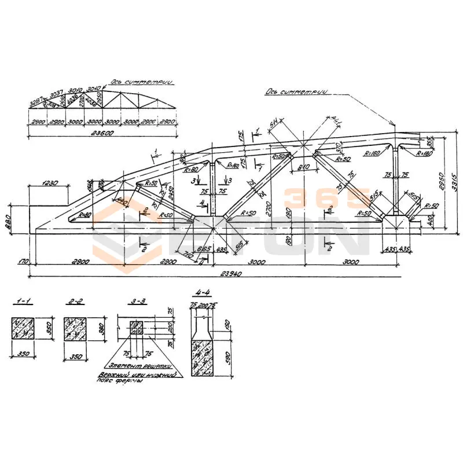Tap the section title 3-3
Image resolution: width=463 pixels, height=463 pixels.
point(137,303)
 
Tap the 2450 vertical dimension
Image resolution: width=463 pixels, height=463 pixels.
point(172,196)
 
